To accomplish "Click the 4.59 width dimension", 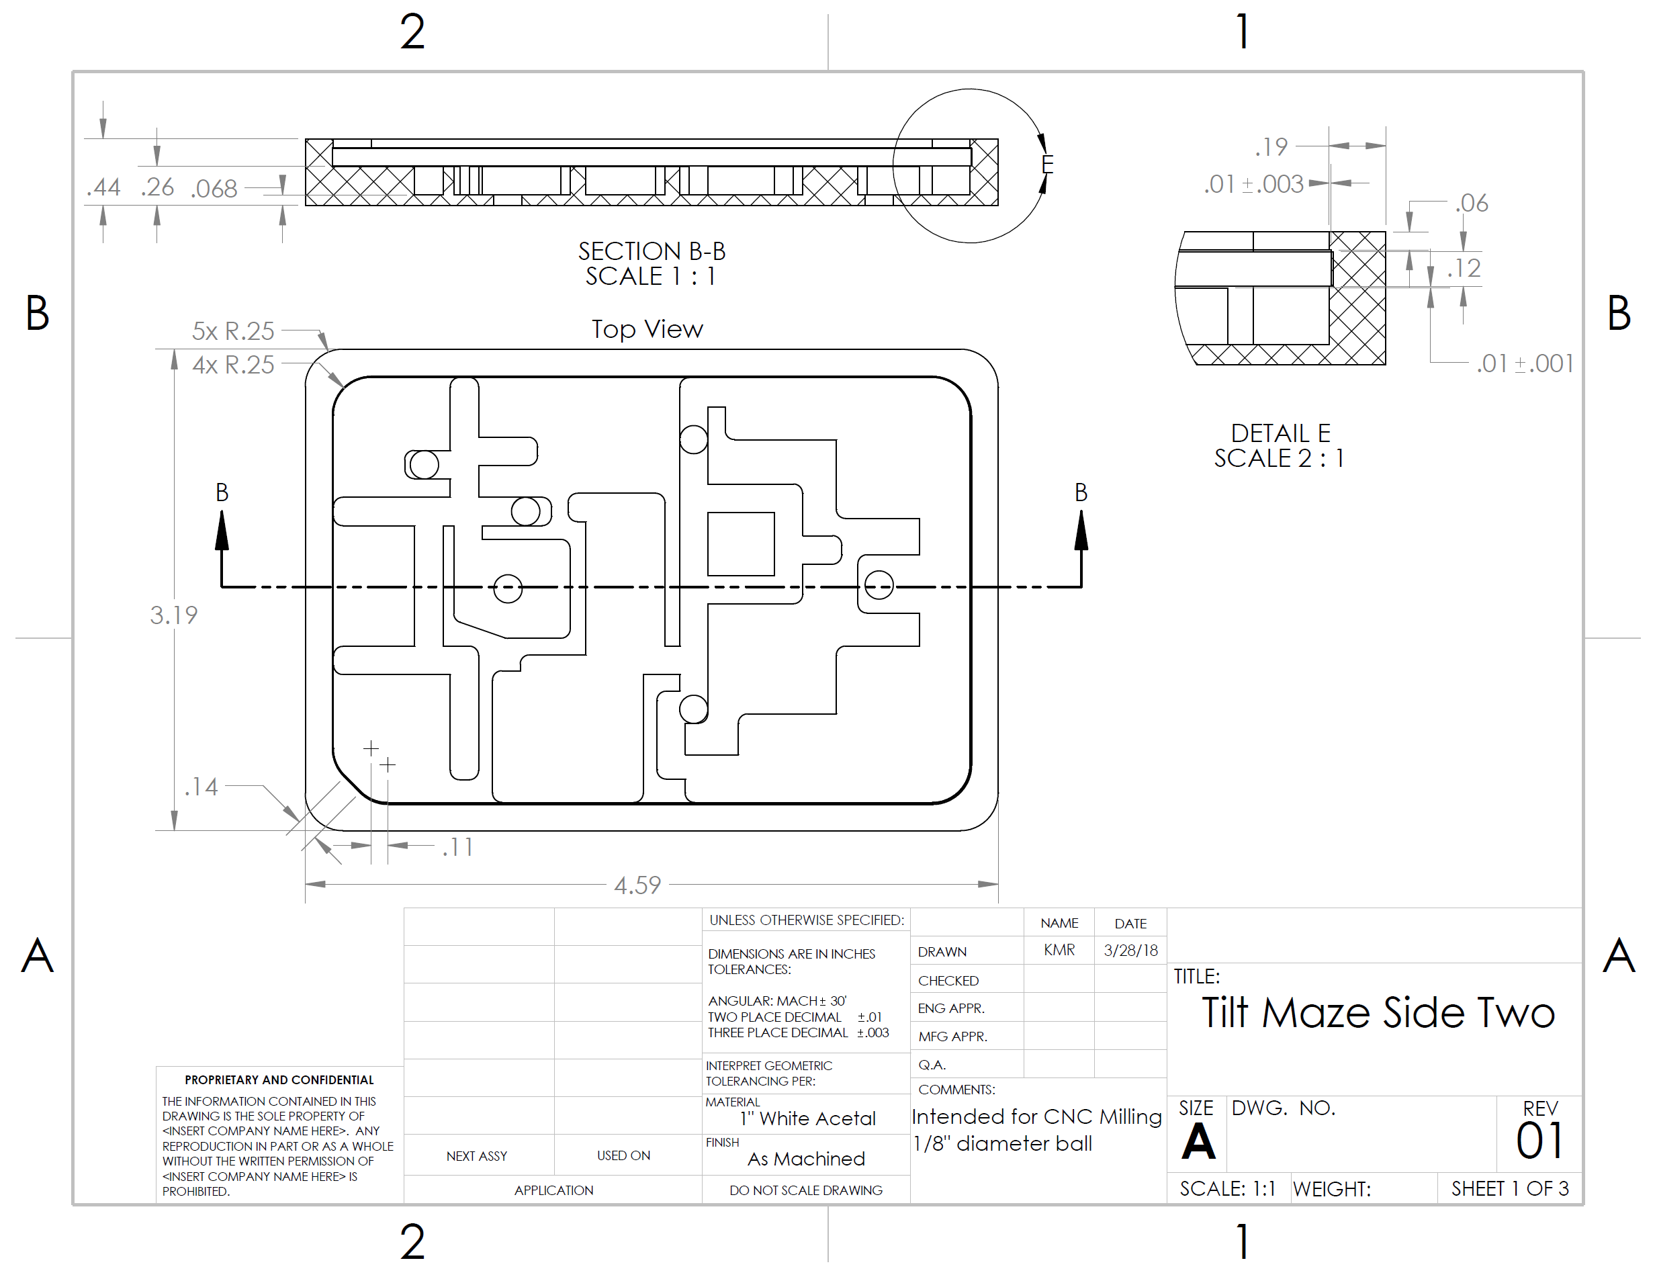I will (637, 885).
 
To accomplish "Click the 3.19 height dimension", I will (173, 615).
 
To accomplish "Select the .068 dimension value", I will (214, 189).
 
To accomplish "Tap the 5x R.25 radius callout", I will (232, 331).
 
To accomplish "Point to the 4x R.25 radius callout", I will (232, 365).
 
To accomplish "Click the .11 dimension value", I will (457, 846).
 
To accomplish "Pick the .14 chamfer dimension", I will (201, 787).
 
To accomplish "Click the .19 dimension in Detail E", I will (1271, 146).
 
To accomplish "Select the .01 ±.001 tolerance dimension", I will (1525, 364).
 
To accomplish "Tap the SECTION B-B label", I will (652, 251).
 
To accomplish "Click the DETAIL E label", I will (1280, 433).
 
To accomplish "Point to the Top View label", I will (647, 329).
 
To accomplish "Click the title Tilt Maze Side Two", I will (1378, 1012).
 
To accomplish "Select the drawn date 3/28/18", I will (1130, 951).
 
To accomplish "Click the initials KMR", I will (1059, 950).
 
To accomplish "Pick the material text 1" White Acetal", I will (808, 1118).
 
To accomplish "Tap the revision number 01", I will (1539, 1141).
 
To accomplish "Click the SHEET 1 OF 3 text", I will (1509, 1188).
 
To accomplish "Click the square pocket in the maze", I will (740, 543).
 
